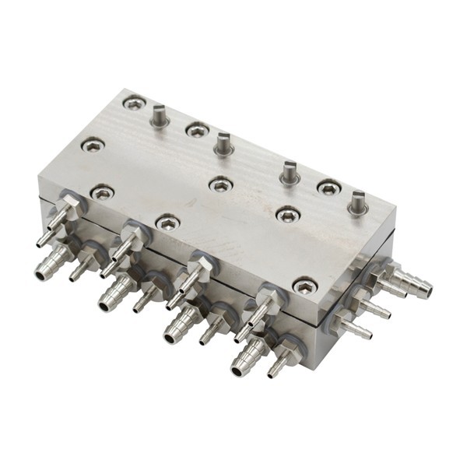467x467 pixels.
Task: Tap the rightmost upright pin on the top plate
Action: [x=357, y=202]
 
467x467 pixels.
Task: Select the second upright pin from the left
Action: [x=223, y=143]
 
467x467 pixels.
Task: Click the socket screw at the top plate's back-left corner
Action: [x=134, y=102]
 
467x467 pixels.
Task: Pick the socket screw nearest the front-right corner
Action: [x=304, y=286]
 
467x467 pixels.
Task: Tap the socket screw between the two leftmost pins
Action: [x=198, y=130]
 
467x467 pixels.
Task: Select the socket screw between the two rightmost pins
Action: [x=328, y=187]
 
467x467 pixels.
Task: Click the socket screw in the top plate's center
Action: [x=221, y=184]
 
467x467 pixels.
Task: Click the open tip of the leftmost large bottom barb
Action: [x=40, y=273]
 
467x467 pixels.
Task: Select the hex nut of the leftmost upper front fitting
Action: [x=68, y=208]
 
